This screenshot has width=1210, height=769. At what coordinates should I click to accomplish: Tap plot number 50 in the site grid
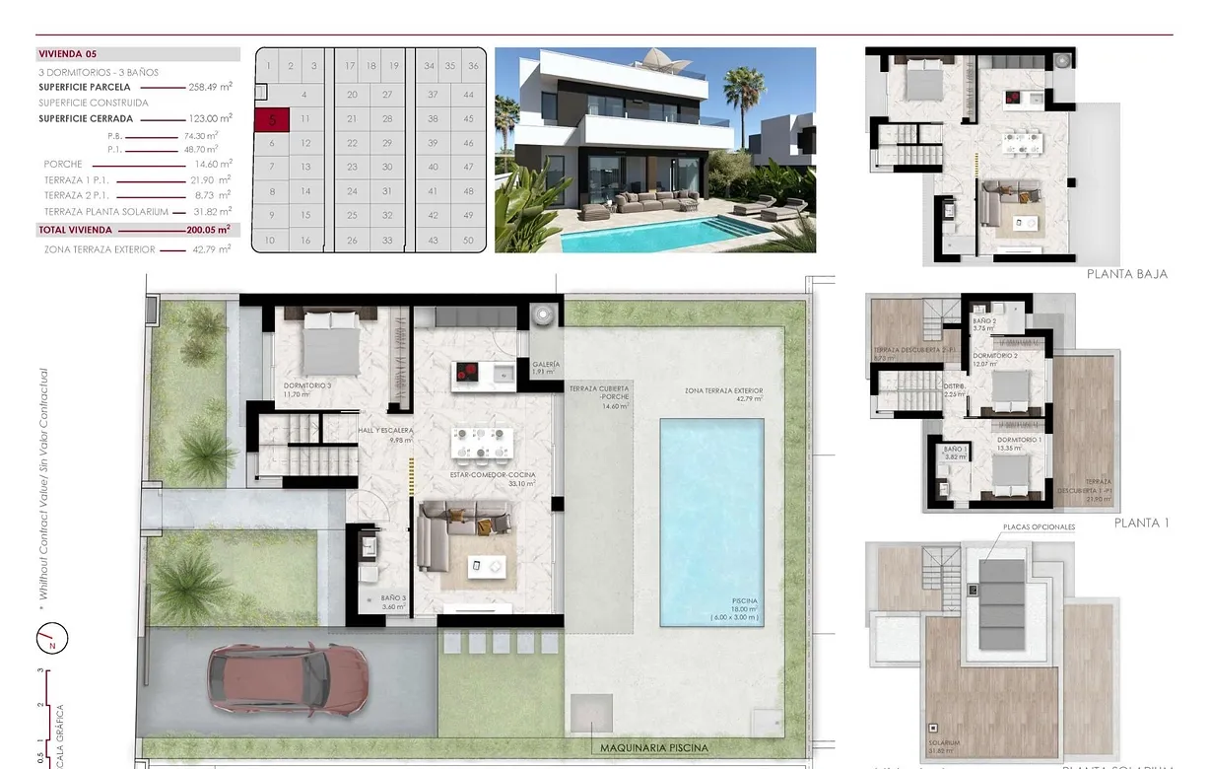[x=468, y=241]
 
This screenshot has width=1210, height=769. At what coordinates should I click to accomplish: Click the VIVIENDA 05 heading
[x=67, y=54]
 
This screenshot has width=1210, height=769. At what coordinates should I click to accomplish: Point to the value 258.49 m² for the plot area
[x=210, y=87]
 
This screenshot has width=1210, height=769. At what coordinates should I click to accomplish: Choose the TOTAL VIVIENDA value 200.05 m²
[x=210, y=230]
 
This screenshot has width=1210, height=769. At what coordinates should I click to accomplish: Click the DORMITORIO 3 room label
[x=306, y=385]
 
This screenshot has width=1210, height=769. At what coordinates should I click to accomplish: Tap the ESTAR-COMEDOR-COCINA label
[x=493, y=475]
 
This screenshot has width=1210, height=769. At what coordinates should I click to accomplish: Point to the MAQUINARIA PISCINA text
[x=654, y=747]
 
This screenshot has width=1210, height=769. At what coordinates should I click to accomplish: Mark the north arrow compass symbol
[x=52, y=639]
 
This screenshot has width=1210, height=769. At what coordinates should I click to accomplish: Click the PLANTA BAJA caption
[x=1126, y=274]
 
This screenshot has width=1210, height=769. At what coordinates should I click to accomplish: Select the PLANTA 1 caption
[x=1141, y=523]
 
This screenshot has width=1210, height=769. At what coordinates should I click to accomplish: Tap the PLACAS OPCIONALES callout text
[x=1039, y=527]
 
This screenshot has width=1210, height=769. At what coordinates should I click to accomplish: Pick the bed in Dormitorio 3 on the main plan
[x=330, y=338]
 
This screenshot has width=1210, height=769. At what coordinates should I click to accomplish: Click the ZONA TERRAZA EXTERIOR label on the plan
[x=724, y=391]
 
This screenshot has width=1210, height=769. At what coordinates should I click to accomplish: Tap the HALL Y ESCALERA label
[x=387, y=431]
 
